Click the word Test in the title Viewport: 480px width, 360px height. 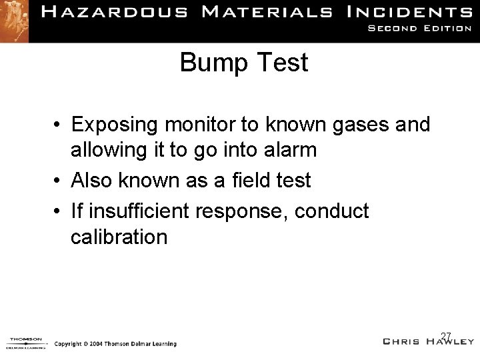point(285,63)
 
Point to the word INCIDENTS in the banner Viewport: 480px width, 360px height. point(413,12)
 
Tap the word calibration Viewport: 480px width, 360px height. point(119,237)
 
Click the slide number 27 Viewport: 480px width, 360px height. point(446,335)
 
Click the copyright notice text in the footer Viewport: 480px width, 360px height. point(115,344)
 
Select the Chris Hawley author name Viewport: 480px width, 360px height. point(429,341)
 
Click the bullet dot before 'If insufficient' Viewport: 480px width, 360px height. point(59,212)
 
